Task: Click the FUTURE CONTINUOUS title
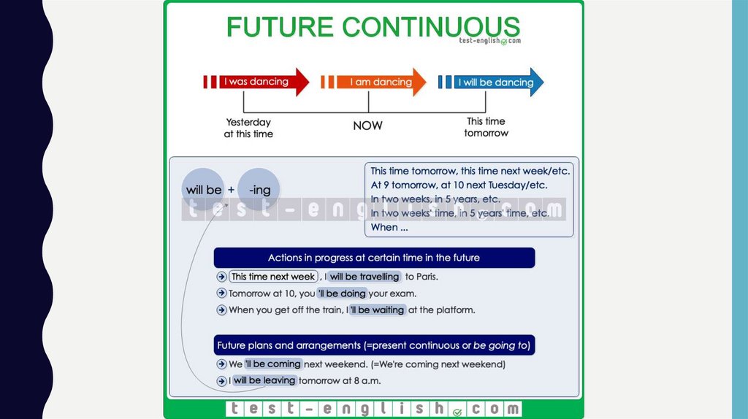[x=373, y=27]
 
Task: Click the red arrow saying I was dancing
[x=257, y=82]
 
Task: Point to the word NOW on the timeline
[x=367, y=126]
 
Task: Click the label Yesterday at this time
[x=248, y=128]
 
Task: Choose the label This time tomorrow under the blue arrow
[x=486, y=127]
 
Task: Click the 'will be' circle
[x=204, y=190]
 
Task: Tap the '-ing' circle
[x=259, y=190]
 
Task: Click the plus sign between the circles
[x=231, y=190]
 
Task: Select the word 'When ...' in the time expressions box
[x=389, y=227]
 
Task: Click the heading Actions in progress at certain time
[x=374, y=258]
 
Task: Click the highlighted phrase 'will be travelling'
[x=364, y=277]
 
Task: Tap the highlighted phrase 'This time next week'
[x=272, y=277]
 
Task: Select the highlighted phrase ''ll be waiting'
[x=377, y=310]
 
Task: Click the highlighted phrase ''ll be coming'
[x=272, y=364]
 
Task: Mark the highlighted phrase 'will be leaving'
[x=264, y=381]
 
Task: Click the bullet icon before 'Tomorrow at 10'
[x=221, y=293]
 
